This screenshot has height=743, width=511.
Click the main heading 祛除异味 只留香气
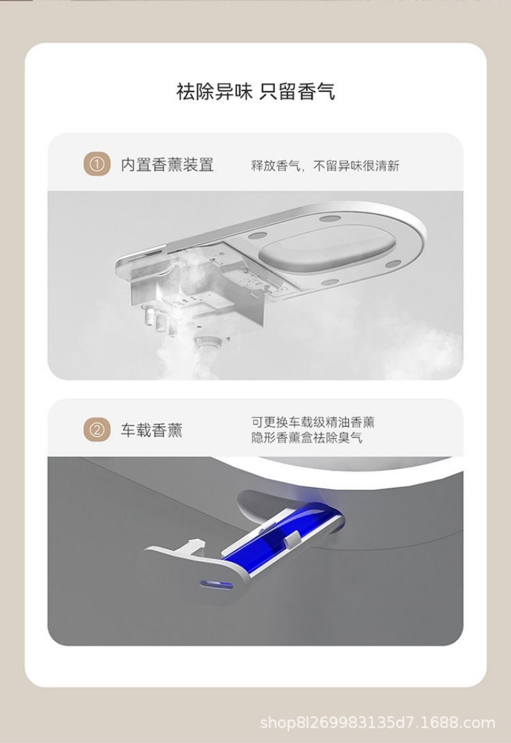(x=256, y=91)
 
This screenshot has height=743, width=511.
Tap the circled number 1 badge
(x=96, y=165)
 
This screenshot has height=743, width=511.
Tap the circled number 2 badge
(x=96, y=430)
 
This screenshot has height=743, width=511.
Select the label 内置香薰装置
(x=167, y=165)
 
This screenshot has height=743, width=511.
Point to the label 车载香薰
(x=152, y=430)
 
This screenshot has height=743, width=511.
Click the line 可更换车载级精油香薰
(x=312, y=422)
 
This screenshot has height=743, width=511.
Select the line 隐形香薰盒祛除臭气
(x=307, y=439)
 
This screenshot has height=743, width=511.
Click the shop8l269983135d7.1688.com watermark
(x=378, y=723)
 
